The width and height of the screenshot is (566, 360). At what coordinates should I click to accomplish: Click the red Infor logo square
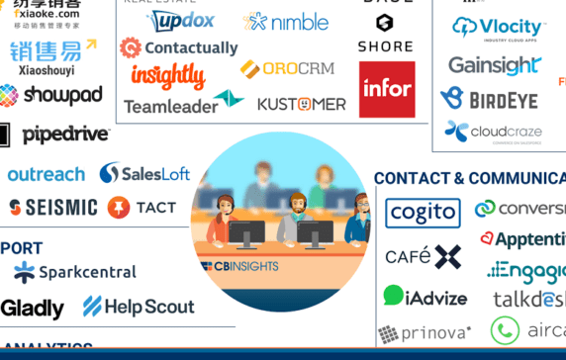[387, 89]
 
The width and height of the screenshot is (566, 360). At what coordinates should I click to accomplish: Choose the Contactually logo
[179, 47]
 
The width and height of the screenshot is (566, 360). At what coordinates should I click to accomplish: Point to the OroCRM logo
[287, 69]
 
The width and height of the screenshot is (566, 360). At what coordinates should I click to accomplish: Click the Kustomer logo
[301, 103]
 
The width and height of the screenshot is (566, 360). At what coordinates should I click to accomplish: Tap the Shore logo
[385, 35]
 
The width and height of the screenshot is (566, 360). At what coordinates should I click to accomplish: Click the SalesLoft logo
[144, 174]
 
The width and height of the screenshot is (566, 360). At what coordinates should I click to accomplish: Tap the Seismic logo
[53, 208]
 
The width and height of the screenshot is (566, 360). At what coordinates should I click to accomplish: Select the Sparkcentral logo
[74, 271]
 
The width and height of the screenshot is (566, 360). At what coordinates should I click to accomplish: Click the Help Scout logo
[139, 307]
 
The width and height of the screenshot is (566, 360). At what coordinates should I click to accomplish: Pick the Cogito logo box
[423, 212]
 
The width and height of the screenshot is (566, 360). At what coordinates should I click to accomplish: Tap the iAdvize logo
[426, 296]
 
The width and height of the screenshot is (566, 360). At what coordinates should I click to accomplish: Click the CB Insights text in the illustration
[240, 266]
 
